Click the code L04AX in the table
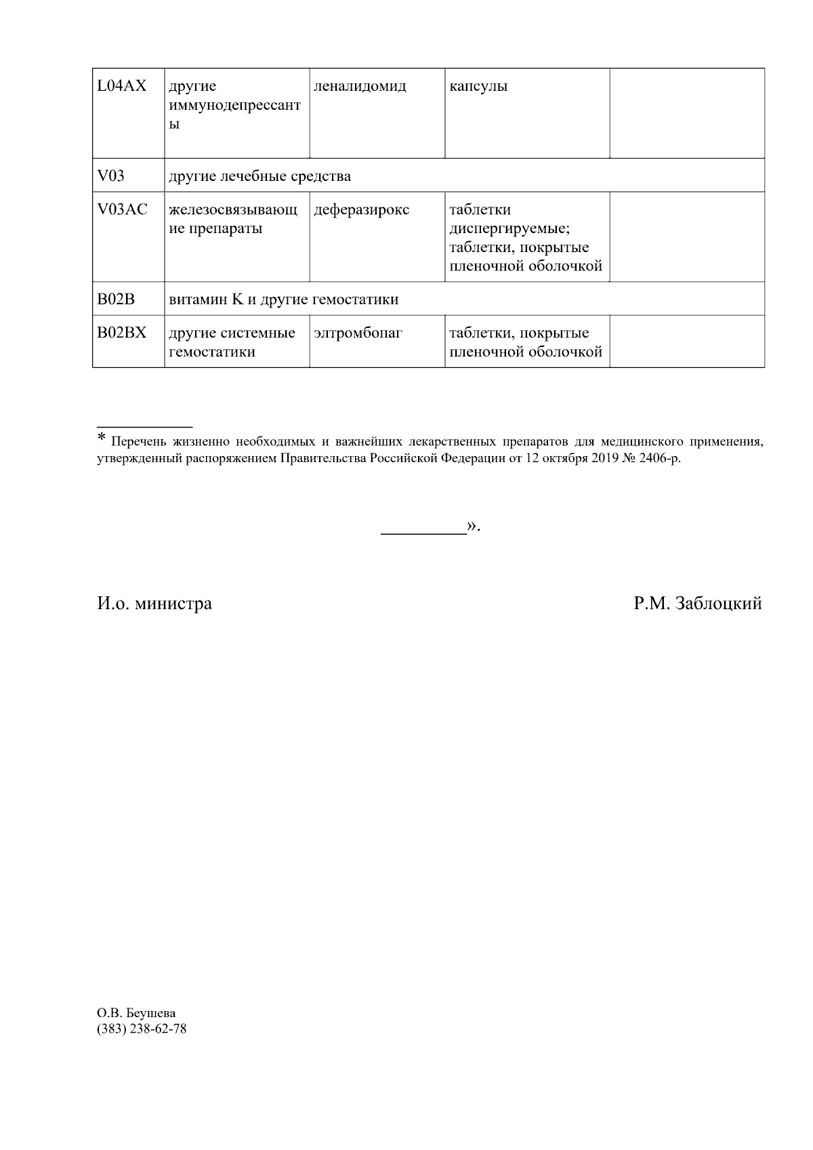click(122, 86)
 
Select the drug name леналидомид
click(360, 87)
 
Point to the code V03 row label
click(111, 176)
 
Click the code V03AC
click(123, 209)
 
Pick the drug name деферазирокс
click(362, 210)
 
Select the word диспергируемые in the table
click(510, 228)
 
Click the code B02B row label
click(117, 300)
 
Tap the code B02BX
click(122, 333)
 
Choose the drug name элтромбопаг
click(358, 333)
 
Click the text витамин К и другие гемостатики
click(283, 300)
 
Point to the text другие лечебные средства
click(259, 177)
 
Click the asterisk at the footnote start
click(102, 438)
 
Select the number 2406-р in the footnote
click(656, 459)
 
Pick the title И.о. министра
click(154, 603)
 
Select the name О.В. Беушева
click(136, 1013)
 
